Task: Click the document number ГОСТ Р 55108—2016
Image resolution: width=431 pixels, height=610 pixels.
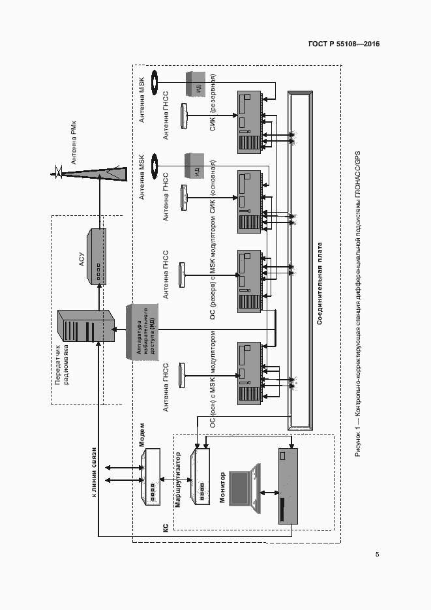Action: (x=343, y=44)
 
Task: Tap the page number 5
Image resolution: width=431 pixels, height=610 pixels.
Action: (x=378, y=555)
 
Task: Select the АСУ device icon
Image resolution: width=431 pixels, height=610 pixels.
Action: (x=97, y=256)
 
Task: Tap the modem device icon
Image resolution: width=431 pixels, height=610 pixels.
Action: (x=151, y=476)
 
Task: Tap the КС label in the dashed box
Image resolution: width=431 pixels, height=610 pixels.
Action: (x=165, y=526)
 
